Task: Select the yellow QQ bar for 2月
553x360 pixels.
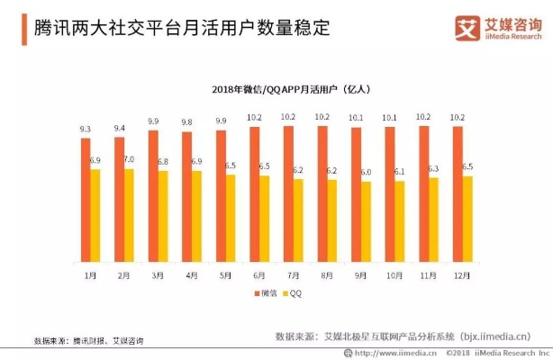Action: click(x=130, y=215)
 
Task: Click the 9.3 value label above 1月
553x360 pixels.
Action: click(x=85, y=130)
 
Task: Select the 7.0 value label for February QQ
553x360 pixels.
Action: click(x=129, y=160)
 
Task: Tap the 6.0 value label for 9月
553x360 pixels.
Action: click(x=366, y=172)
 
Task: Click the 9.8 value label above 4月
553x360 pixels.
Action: click(x=186, y=123)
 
